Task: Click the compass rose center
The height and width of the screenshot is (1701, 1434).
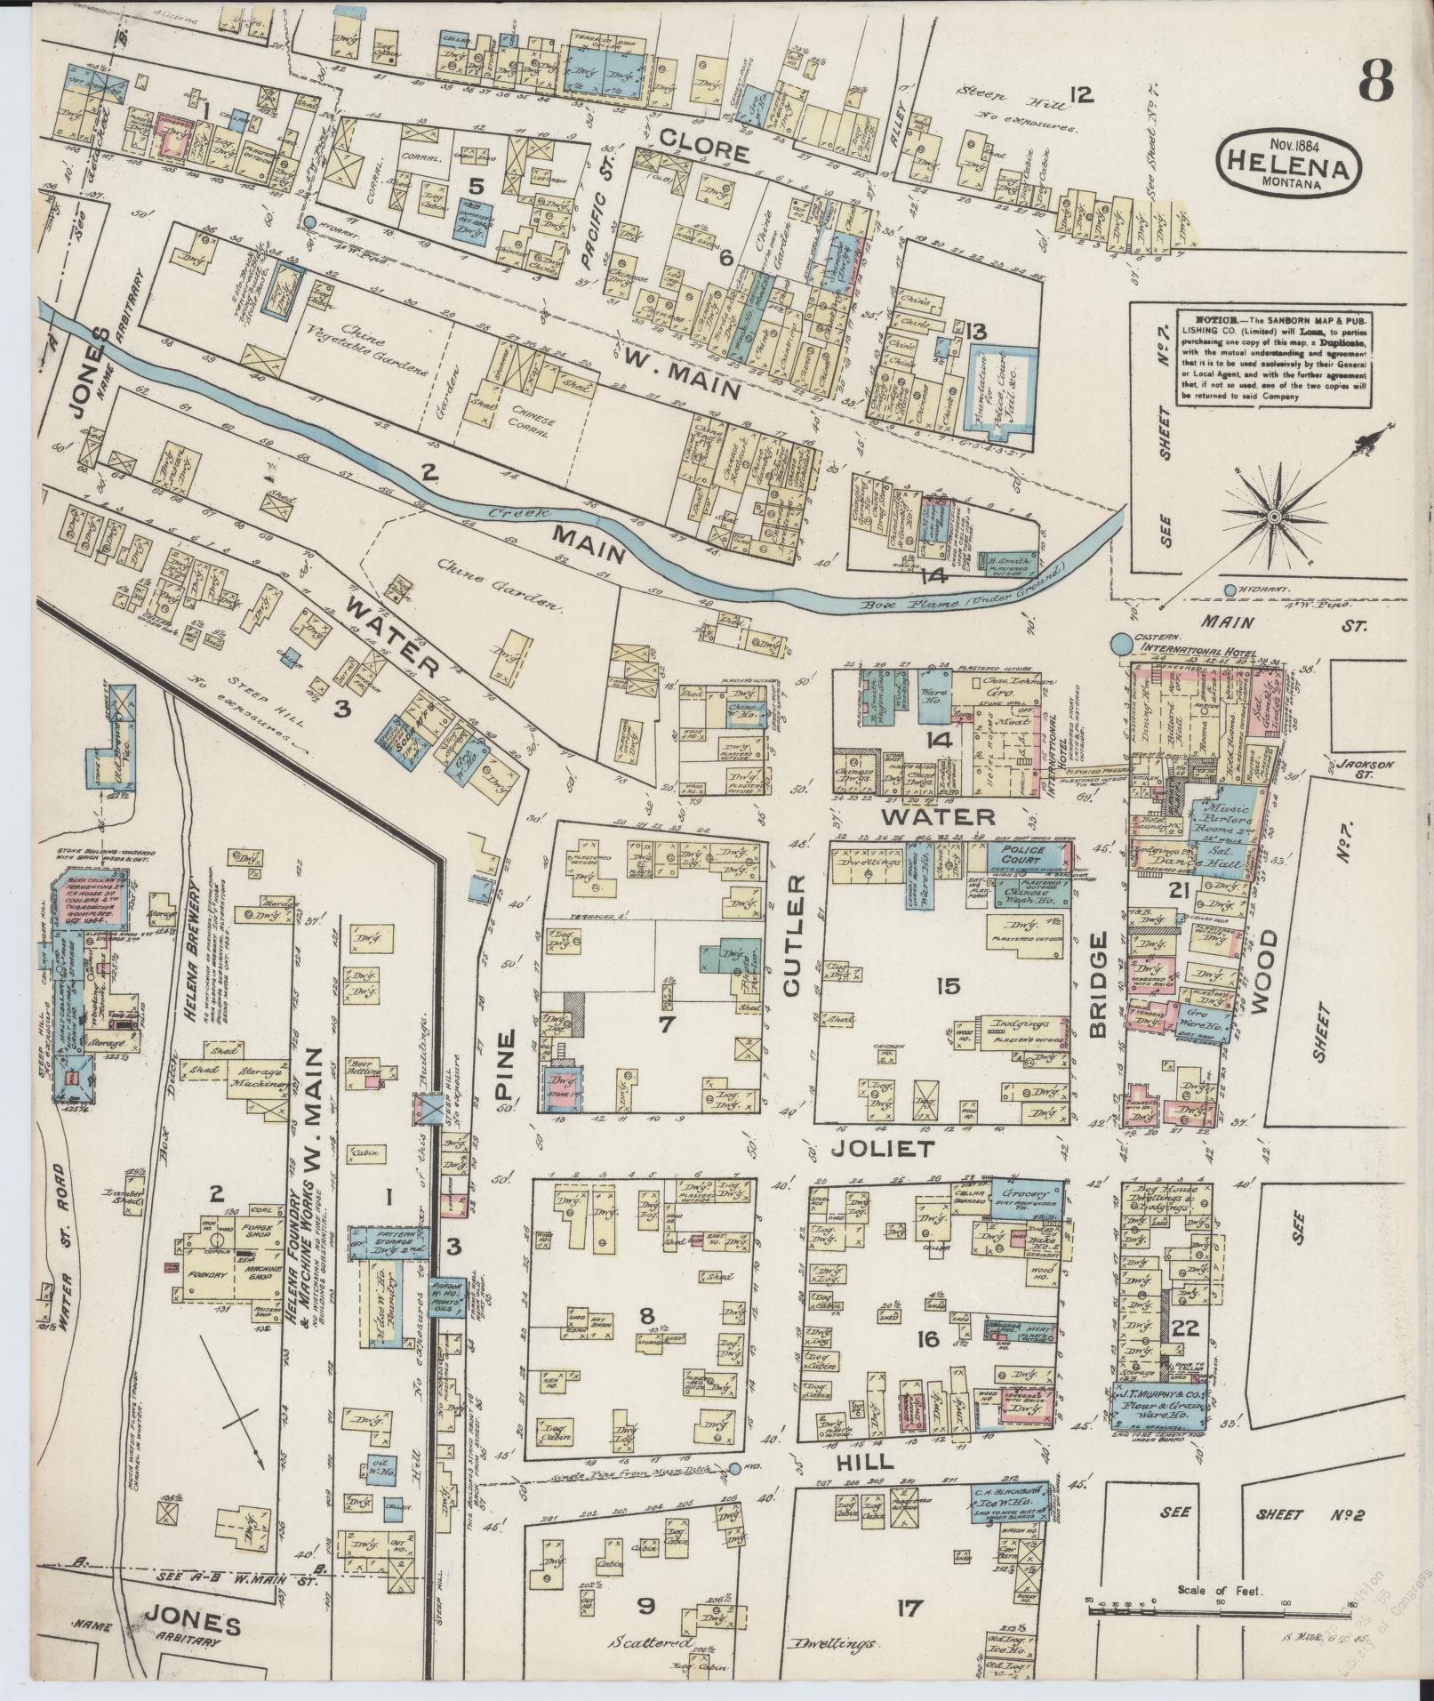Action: coord(1274,516)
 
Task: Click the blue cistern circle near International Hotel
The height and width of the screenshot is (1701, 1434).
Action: coord(1122,640)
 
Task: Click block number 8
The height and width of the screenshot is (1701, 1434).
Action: coord(646,1312)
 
